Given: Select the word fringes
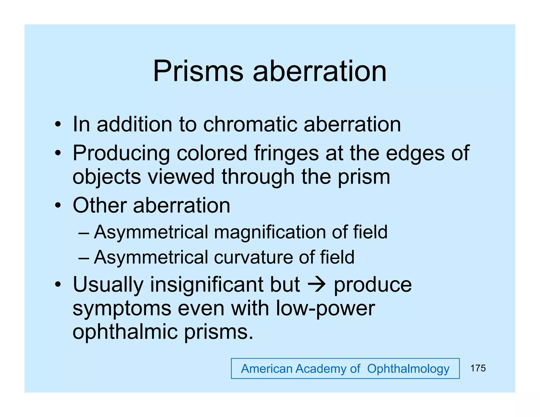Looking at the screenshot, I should [286, 153].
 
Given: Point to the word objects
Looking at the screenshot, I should [107, 177].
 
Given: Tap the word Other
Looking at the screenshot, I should [100, 205].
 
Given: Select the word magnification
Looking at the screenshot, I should [270, 232].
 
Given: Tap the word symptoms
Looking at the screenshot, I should [122, 309].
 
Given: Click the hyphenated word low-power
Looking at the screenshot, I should [325, 308].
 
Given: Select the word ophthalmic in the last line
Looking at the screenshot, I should [125, 332].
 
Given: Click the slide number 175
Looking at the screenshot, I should [478, 368].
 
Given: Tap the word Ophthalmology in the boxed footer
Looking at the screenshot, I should [408, 369].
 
